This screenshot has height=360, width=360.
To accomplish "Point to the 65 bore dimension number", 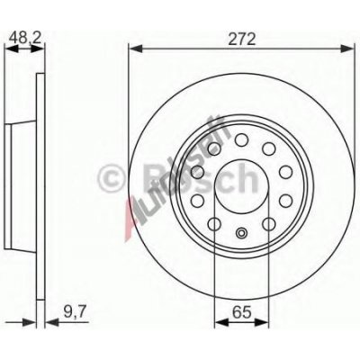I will click(x=240, y=312).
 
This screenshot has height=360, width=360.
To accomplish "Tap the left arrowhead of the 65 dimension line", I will click(x=214, y=325).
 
